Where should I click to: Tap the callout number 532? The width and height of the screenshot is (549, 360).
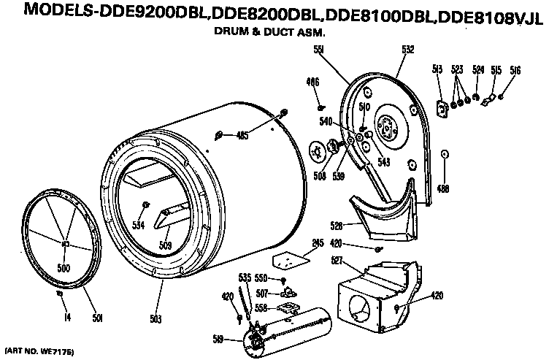coord(407,50)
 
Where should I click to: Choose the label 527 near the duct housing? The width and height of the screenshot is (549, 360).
coord(337,259)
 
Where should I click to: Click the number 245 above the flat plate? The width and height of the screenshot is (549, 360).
coord(318,243)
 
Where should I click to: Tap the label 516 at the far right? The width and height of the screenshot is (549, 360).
coord(515,70)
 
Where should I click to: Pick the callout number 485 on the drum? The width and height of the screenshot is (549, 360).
coord(242,134)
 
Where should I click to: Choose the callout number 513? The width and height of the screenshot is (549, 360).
coord(438,69)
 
